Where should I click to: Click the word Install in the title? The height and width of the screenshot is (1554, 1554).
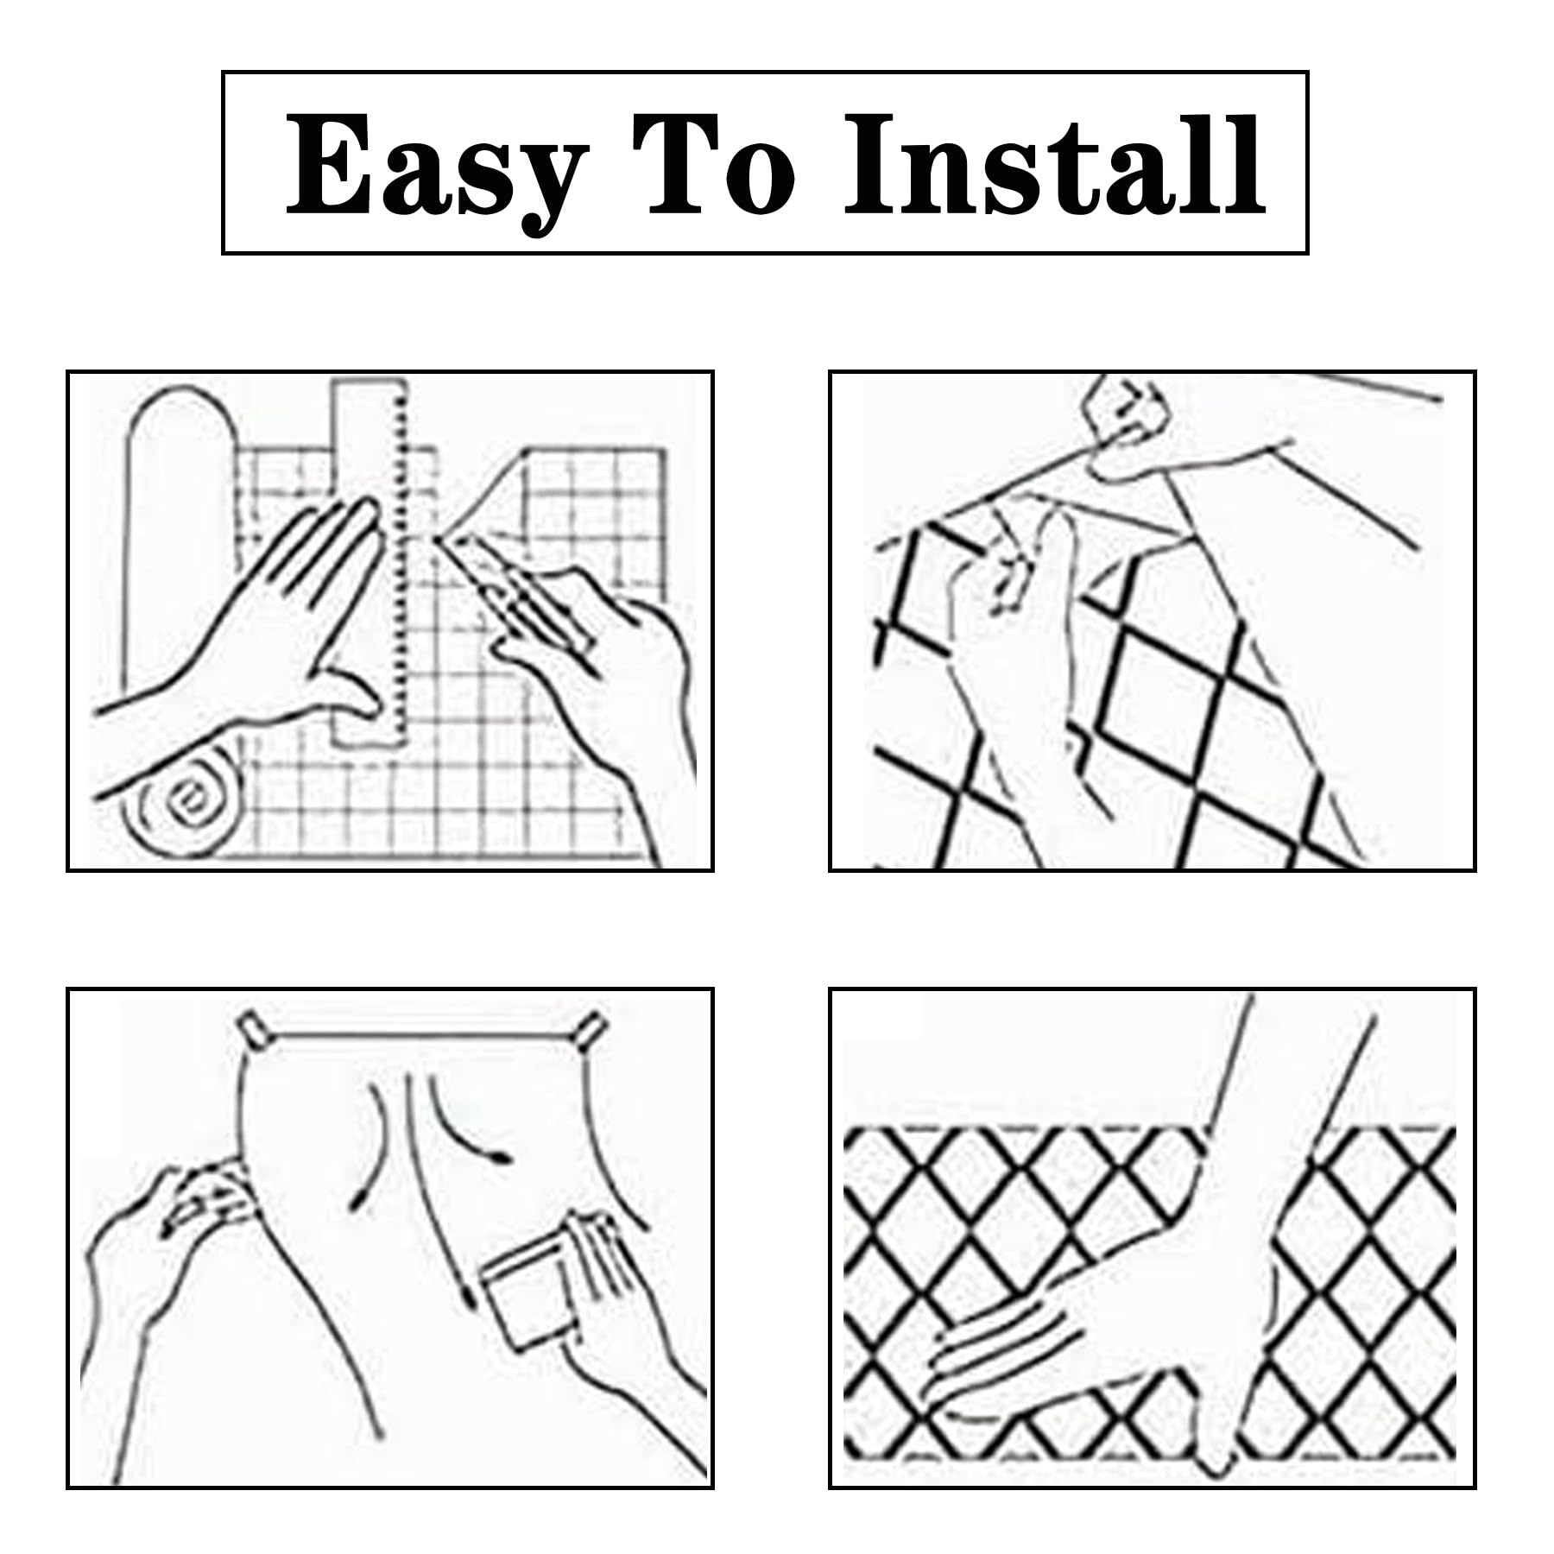coord(1055,165)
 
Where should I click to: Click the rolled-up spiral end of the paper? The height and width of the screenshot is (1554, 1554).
coord(185,804)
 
